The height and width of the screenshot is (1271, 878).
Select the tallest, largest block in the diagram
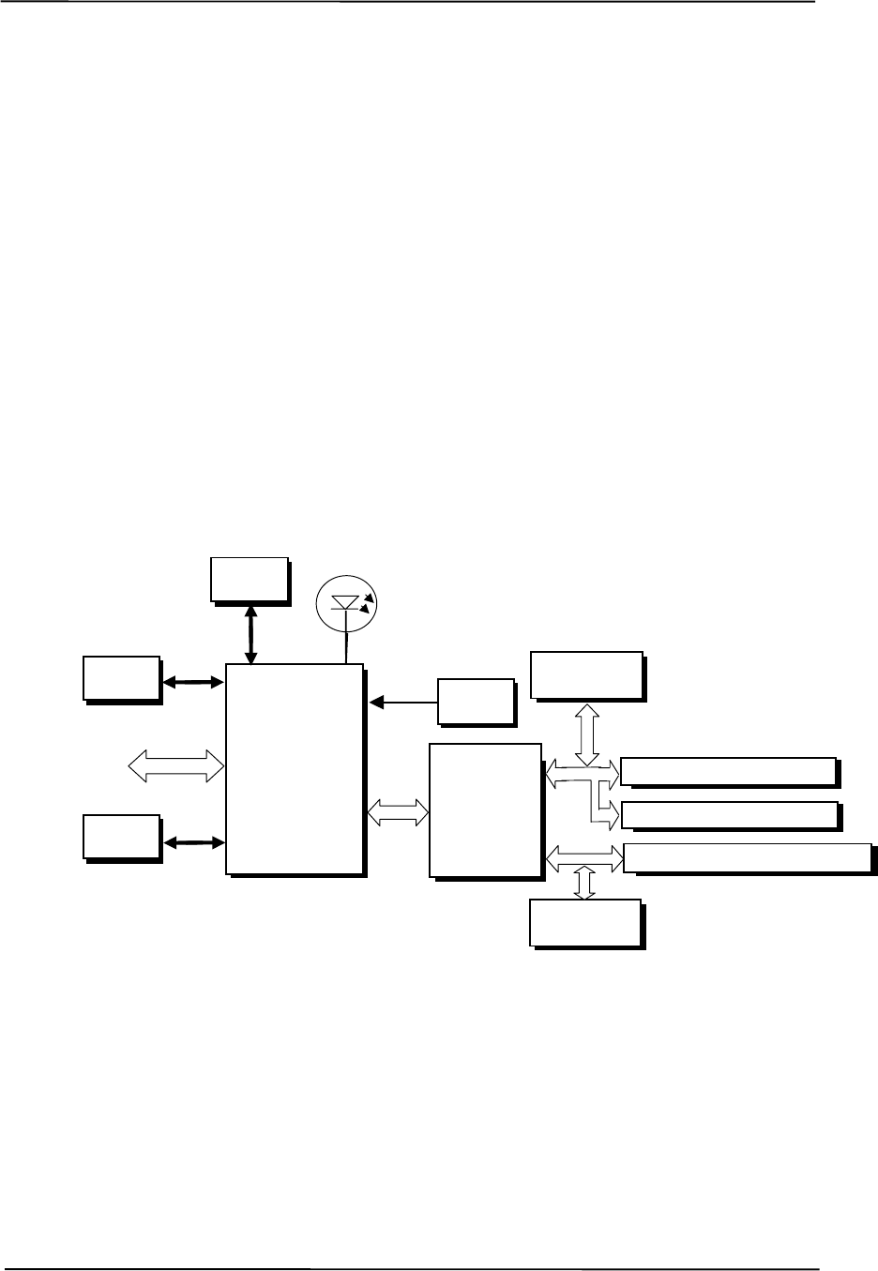(295, 769)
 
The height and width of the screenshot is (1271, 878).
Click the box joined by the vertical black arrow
(249, 578)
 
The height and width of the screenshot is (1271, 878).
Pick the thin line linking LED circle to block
(348, 647)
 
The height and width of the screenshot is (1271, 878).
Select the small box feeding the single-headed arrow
(476, 701)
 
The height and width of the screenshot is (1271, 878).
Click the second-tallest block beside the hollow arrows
(485, 810)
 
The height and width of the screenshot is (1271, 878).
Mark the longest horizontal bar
(748, 857)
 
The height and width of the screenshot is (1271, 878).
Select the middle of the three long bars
(728, 815)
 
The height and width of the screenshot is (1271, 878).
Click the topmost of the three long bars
(728, 771)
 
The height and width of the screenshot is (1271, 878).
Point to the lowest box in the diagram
(586, 923)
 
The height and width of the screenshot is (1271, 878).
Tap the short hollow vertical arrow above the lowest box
(584, 883)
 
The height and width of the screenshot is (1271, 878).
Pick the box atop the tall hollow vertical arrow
(586, 674)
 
